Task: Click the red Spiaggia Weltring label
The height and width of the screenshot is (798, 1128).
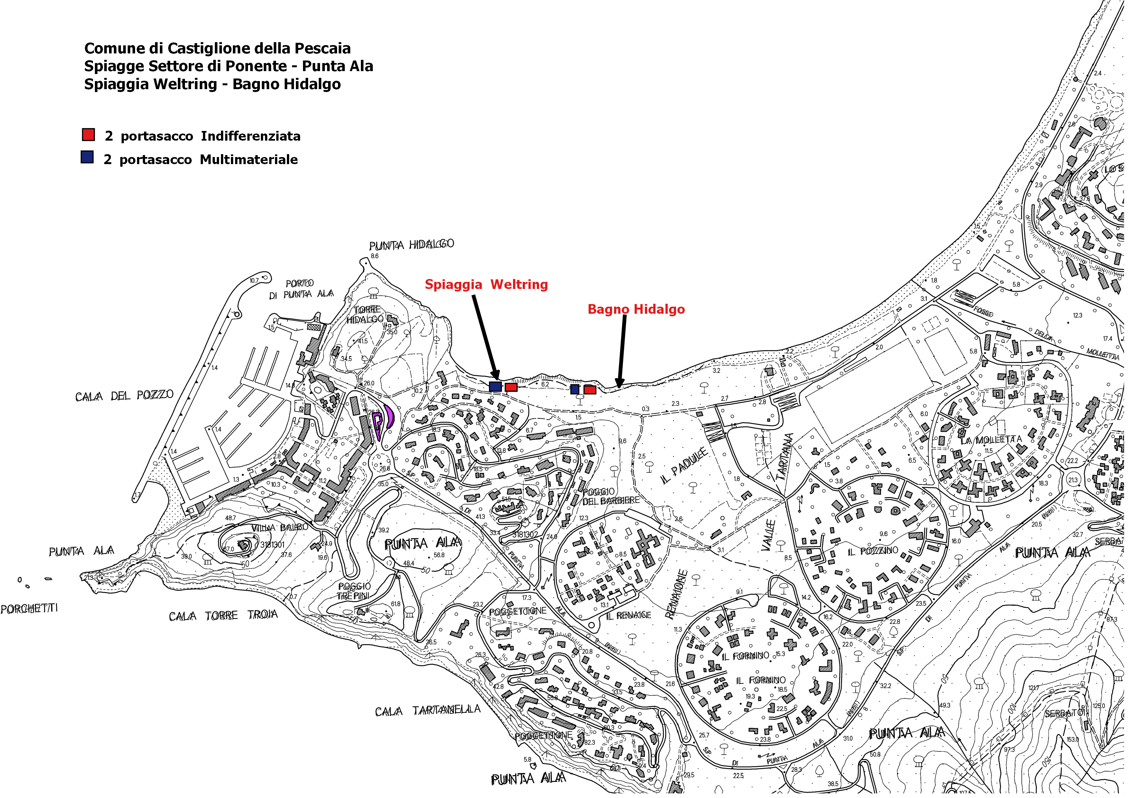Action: click(x=486, y=284)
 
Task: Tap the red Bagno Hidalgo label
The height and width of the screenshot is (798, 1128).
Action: click(x=636, y=309)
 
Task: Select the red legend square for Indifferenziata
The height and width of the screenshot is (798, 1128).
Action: click(x=88, y=135)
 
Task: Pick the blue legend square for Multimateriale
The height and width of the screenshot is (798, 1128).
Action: click(x=87, y=157)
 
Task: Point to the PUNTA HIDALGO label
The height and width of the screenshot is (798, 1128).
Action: click(x=411, y=245)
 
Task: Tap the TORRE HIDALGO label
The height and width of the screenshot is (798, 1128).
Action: click(x=366, y=314)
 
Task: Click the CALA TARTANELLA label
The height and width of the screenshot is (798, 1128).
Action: click(x=427, y=710)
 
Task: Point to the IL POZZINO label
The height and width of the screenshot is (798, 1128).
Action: click(x=873, y=551)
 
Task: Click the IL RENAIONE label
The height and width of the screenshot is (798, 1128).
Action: click(x=628, y=615)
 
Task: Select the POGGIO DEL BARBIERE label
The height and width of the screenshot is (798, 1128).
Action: click(x=611, y=496)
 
